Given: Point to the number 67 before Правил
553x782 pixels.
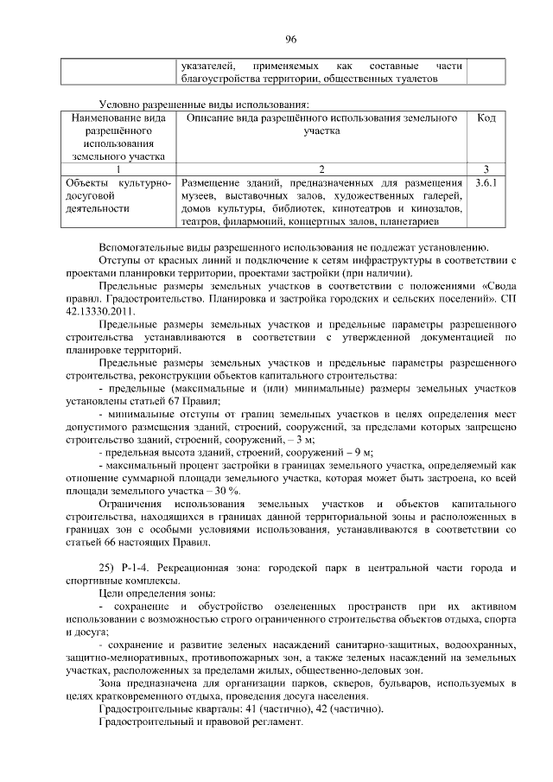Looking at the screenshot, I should (179, 400).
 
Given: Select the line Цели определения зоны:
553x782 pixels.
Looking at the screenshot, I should (157, 594).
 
